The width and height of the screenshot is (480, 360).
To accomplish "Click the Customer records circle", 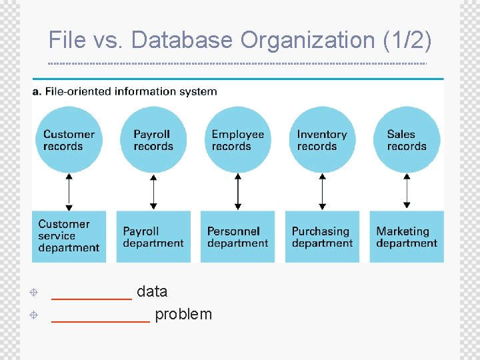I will [69, 140].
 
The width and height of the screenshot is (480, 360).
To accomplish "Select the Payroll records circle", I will [153, 140].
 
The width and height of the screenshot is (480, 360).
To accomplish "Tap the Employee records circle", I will [238, 140].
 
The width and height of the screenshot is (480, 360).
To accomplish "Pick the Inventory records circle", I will [323, 140].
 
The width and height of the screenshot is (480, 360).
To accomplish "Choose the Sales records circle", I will [407, 140].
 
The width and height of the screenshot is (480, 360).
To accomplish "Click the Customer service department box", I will [69, 237].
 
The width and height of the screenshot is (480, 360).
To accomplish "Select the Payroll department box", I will [153, 237].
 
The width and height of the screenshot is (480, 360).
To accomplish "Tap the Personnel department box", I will [238, 237].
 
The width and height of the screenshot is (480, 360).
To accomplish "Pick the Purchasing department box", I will [323, 237].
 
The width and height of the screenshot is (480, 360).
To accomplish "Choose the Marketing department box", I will [407, 237].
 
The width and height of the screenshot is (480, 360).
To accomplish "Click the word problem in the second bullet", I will [183, 315].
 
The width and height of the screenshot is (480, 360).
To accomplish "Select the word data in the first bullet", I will [152, 291].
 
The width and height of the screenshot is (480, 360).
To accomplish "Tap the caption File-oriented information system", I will [131, 91].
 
